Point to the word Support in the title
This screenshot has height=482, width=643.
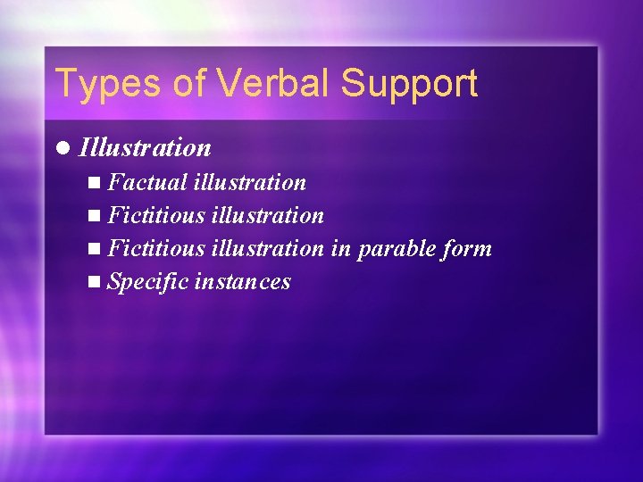[x=409, y=83]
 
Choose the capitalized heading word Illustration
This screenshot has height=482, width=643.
[x=145, y=147]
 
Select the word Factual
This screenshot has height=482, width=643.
[x=146, y=183]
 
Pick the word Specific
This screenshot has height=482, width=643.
[x=147, y=282]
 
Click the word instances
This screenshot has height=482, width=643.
[x=242, y=282]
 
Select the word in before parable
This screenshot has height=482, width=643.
[x=341, y=249]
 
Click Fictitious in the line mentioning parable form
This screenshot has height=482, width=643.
[x=155, y=249]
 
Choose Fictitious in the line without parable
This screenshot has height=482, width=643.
[x=155, y=216]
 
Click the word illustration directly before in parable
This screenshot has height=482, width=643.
[x=267, y=249]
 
